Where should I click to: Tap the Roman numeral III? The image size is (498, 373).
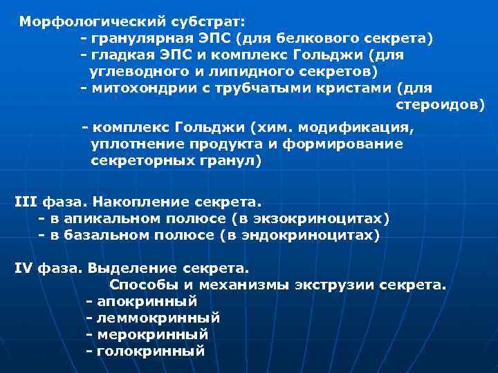[x=26, y=202]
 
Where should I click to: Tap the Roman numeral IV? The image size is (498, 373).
[x=24, y=268]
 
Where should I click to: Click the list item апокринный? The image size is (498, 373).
[x=147, y=301]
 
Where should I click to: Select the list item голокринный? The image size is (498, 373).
[x=151, y=351]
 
